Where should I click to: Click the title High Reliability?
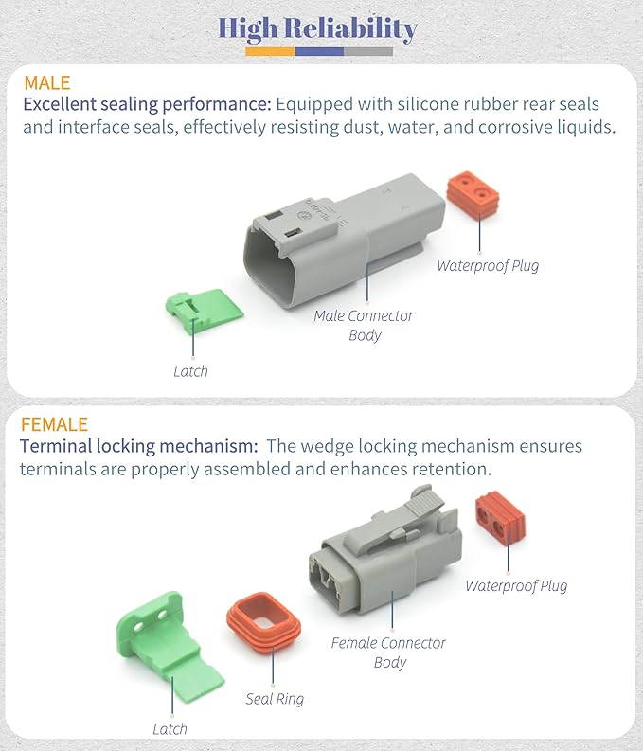pyautogui.click(x=317, y=28)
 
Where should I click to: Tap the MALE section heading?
pyautogui.click(x=47, y=83)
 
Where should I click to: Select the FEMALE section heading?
pyautogui.click(x=54, y=424)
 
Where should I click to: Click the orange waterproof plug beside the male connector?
pyautogui.click(x=473, y=194)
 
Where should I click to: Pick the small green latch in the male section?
pyautogui.click(x=205, y=308)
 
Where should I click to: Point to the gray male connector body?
pyautogui.click(x=345, y=241)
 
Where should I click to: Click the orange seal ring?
pyautogui.click(x=264, y=621)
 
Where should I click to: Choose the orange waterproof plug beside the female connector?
pyautogui.click(x=500, y=519)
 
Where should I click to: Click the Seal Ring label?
pyautogui.click(x=275, y=699)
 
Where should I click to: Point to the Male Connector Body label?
pyautogui.click(x=364, y=325)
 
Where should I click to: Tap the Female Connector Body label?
pyautogui.click(x=388, y=653)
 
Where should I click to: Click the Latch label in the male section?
pyautogui.click(x=190, y=371)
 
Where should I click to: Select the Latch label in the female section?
pyautogui.click(x=170, y=729)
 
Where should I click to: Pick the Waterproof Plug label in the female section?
pyautogui.click(x=516, y=586)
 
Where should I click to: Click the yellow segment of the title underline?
pyautogui.click(x=270, y=52)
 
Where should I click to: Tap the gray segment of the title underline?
pyautogui.click(x=368, y=52)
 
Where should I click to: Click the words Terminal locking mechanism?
pyautogui.click(x=139, y=446)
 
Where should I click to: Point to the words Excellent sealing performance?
pyautogui.click(x=148, y=104)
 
